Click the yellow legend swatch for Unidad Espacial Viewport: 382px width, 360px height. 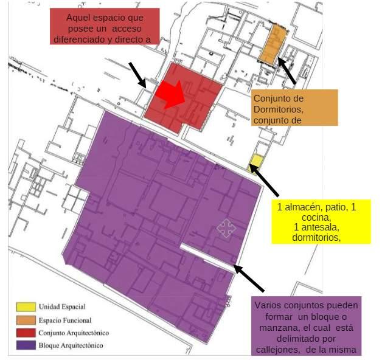pos(26,305)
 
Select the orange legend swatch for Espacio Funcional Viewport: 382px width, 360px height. pos(26,319)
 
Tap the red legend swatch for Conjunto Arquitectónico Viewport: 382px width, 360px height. pos(26,333)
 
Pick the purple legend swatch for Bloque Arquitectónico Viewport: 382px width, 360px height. pos(26,345)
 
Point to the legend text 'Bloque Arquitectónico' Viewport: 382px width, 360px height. pos(71,345)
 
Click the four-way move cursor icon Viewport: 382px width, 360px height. pos(226,228)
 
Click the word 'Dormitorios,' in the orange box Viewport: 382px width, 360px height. pos(278,109)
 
